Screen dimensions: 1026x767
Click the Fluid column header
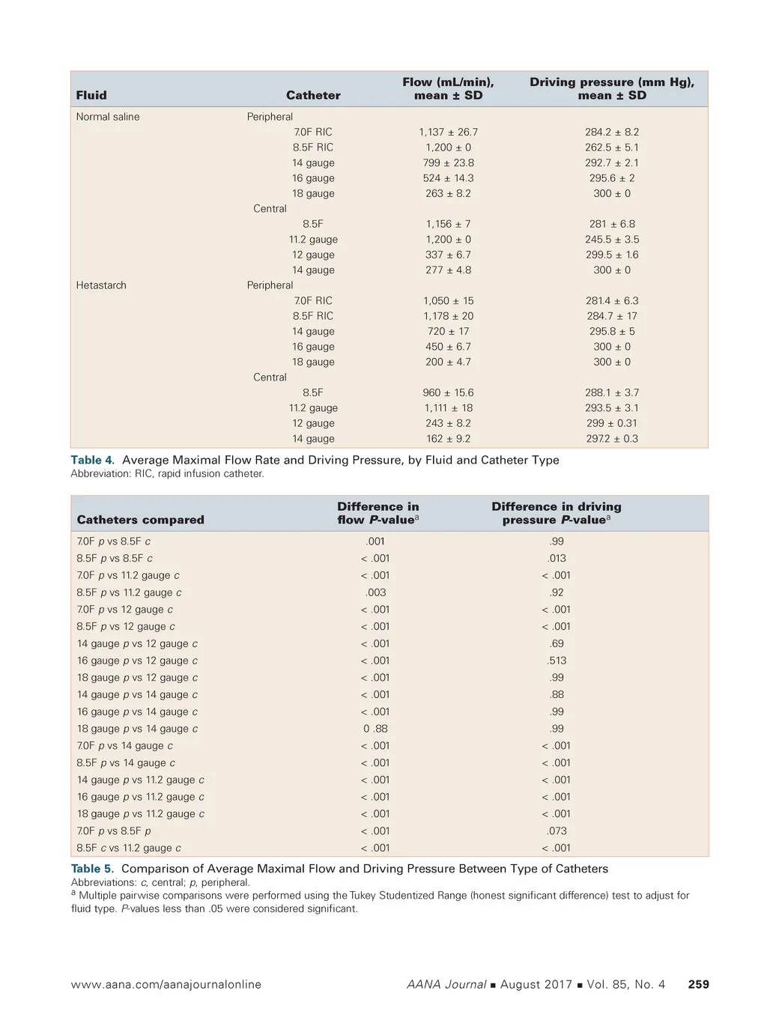click(91, 95)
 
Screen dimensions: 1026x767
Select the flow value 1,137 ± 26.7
click(448, 132)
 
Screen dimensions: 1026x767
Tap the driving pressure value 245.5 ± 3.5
click(612, 240)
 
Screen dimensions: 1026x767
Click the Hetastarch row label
click(101, 285)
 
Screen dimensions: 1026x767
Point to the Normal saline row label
click(108, 117)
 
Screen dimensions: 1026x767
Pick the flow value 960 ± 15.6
click(448, 392)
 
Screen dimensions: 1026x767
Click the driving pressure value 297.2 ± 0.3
click(612, 439)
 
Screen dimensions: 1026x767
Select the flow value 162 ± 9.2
click(448, 439)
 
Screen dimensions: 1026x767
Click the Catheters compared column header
click(140, 520)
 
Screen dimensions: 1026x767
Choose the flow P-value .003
click(375, 592)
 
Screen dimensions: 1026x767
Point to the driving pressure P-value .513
click(557, 661)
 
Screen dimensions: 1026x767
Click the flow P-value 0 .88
click(375, 729)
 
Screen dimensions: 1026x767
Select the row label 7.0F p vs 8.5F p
click(114, 831)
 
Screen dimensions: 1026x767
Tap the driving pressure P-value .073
click(557, 831)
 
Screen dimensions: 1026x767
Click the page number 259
click(698, 984)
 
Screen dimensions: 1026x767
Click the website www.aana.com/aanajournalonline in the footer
click(166, 984)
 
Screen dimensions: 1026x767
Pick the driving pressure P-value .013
click(557, 559)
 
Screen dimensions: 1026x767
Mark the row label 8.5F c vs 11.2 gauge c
click(129, 849)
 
